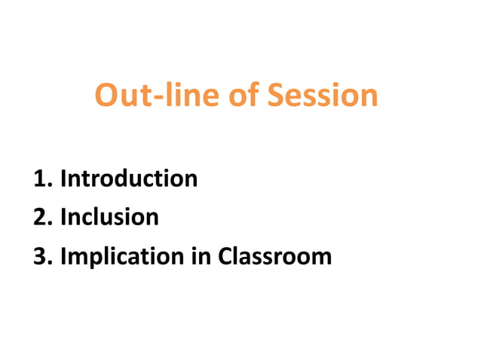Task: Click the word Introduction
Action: [x=129, y=179]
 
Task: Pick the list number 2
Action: [x=41, y=218]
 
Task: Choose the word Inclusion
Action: [x=109, y=218]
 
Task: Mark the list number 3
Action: [x=41, y=256]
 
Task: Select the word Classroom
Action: [x=274, y=256]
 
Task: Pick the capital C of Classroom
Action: [x=225, y=256]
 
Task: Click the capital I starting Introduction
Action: [x=63, y=179]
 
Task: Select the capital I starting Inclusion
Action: [x=63, y=218]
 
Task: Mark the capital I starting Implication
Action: [x=63, y=256]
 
